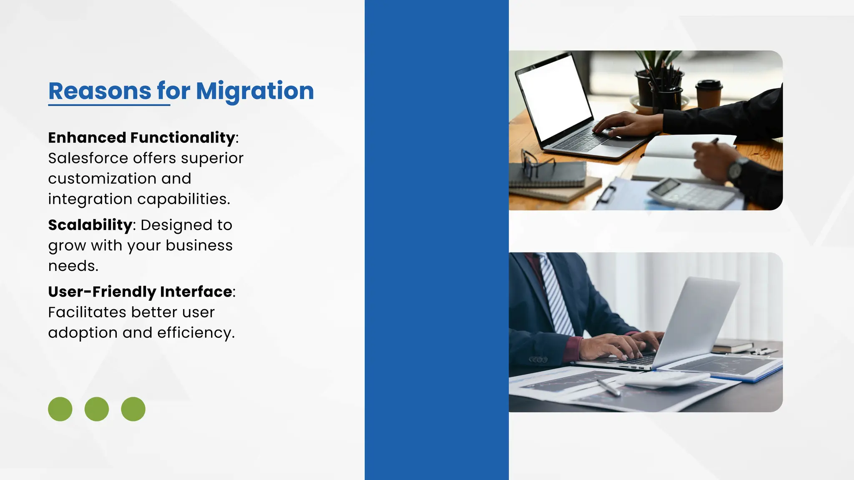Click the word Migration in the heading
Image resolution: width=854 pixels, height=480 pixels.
(255, 91)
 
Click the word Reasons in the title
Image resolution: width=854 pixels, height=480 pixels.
(100, 91)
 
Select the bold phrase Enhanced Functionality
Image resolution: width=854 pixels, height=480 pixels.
(141, 137)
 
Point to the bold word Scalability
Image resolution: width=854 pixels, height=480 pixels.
(90, 225)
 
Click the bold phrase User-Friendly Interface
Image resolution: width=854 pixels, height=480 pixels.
(140, 292)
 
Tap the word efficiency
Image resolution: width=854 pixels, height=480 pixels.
(196, 333)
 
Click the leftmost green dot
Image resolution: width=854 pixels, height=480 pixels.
(60, 409)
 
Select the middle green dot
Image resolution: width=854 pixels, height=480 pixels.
(97, 409)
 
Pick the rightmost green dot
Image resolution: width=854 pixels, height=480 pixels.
(133, 409)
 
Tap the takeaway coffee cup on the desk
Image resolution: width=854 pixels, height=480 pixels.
(708, 94)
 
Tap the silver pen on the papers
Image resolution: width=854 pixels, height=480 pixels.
(609, 387)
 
